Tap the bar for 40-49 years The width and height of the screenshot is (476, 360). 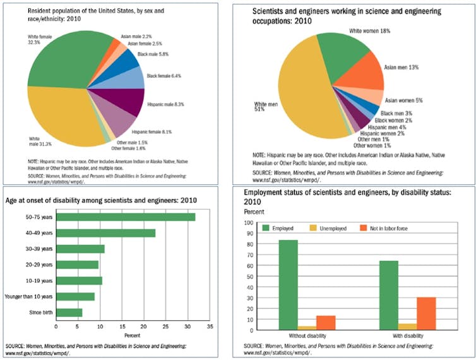point(105,232)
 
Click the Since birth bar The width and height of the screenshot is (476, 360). point(69,312)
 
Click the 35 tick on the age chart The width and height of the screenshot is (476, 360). point(210,327)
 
